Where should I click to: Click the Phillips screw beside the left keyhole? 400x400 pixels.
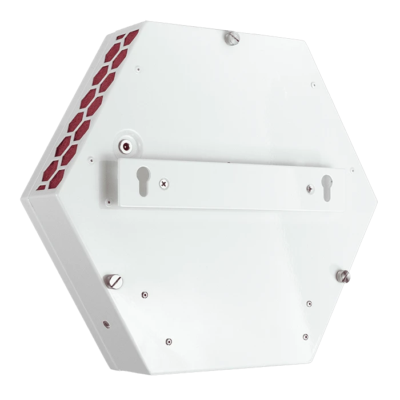[165, 183]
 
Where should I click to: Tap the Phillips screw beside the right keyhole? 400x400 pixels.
[309, 187]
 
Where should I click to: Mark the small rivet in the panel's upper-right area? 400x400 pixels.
[313, 85]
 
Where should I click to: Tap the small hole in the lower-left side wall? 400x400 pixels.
[106, 324]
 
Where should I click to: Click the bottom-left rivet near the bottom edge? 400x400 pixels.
[167, 342]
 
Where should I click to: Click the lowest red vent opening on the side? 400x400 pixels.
[42, 186]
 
